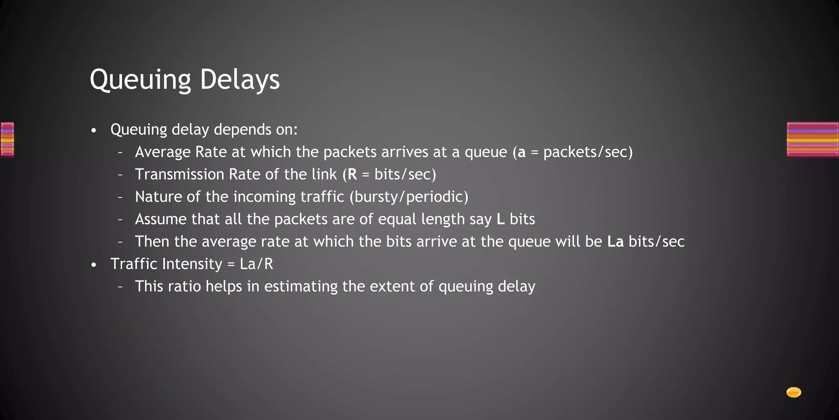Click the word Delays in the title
click(240, 79)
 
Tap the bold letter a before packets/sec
click(522, 153)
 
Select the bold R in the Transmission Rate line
click(352, 174)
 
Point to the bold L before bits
click(500, 219)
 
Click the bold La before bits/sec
click(615, 242)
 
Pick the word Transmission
click(179, 174)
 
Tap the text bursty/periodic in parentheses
click(409, 197)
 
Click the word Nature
click(158, 197)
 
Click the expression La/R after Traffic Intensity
click(256, 264)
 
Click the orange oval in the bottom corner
click(794, 393)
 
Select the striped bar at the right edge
click(812, 139)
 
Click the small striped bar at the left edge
click(7, 139)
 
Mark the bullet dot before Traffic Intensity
click(94, 265)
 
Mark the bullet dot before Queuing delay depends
click(94, 131)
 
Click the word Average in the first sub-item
click(163, 153)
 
